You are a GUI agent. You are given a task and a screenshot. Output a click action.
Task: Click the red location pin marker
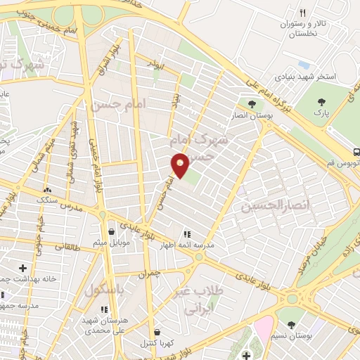pyautogui.click(x=181, y=165)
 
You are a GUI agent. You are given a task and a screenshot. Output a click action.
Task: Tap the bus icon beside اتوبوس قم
pyautogui.click(x=357, y=151)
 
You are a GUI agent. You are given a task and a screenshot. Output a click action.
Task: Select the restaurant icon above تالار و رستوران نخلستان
pyautogui.click(x=303, y=13)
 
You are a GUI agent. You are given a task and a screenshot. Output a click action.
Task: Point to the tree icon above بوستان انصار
pyautogui.click(x=252, y=103)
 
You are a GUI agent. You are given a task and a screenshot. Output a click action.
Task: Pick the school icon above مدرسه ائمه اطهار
pyautogui.click(x=186, y=233)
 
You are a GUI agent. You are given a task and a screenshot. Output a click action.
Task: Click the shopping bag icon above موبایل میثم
pyautogui.click(x=111, y=231)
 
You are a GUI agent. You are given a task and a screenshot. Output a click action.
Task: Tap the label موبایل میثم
pyautogui.click(x=110, y=243)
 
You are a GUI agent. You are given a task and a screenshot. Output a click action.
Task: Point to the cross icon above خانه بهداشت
pyautogui.click(x=23, y=267)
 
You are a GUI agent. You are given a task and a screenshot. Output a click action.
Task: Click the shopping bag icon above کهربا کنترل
pyautogui.click(x=155, y=332)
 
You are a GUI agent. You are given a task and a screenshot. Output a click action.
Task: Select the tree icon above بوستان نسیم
pyautogui.click(x=290, y=324)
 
